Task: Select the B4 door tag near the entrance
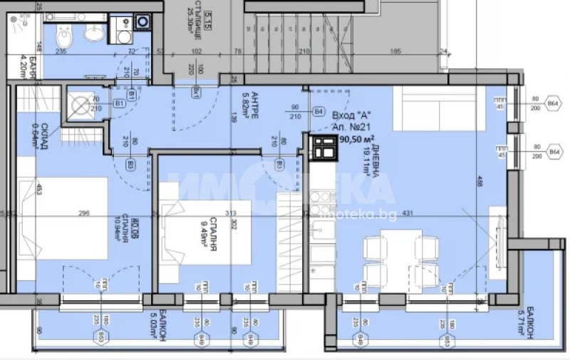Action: click(x=318, y=112)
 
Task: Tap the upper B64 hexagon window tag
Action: click(x=553, y=105)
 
